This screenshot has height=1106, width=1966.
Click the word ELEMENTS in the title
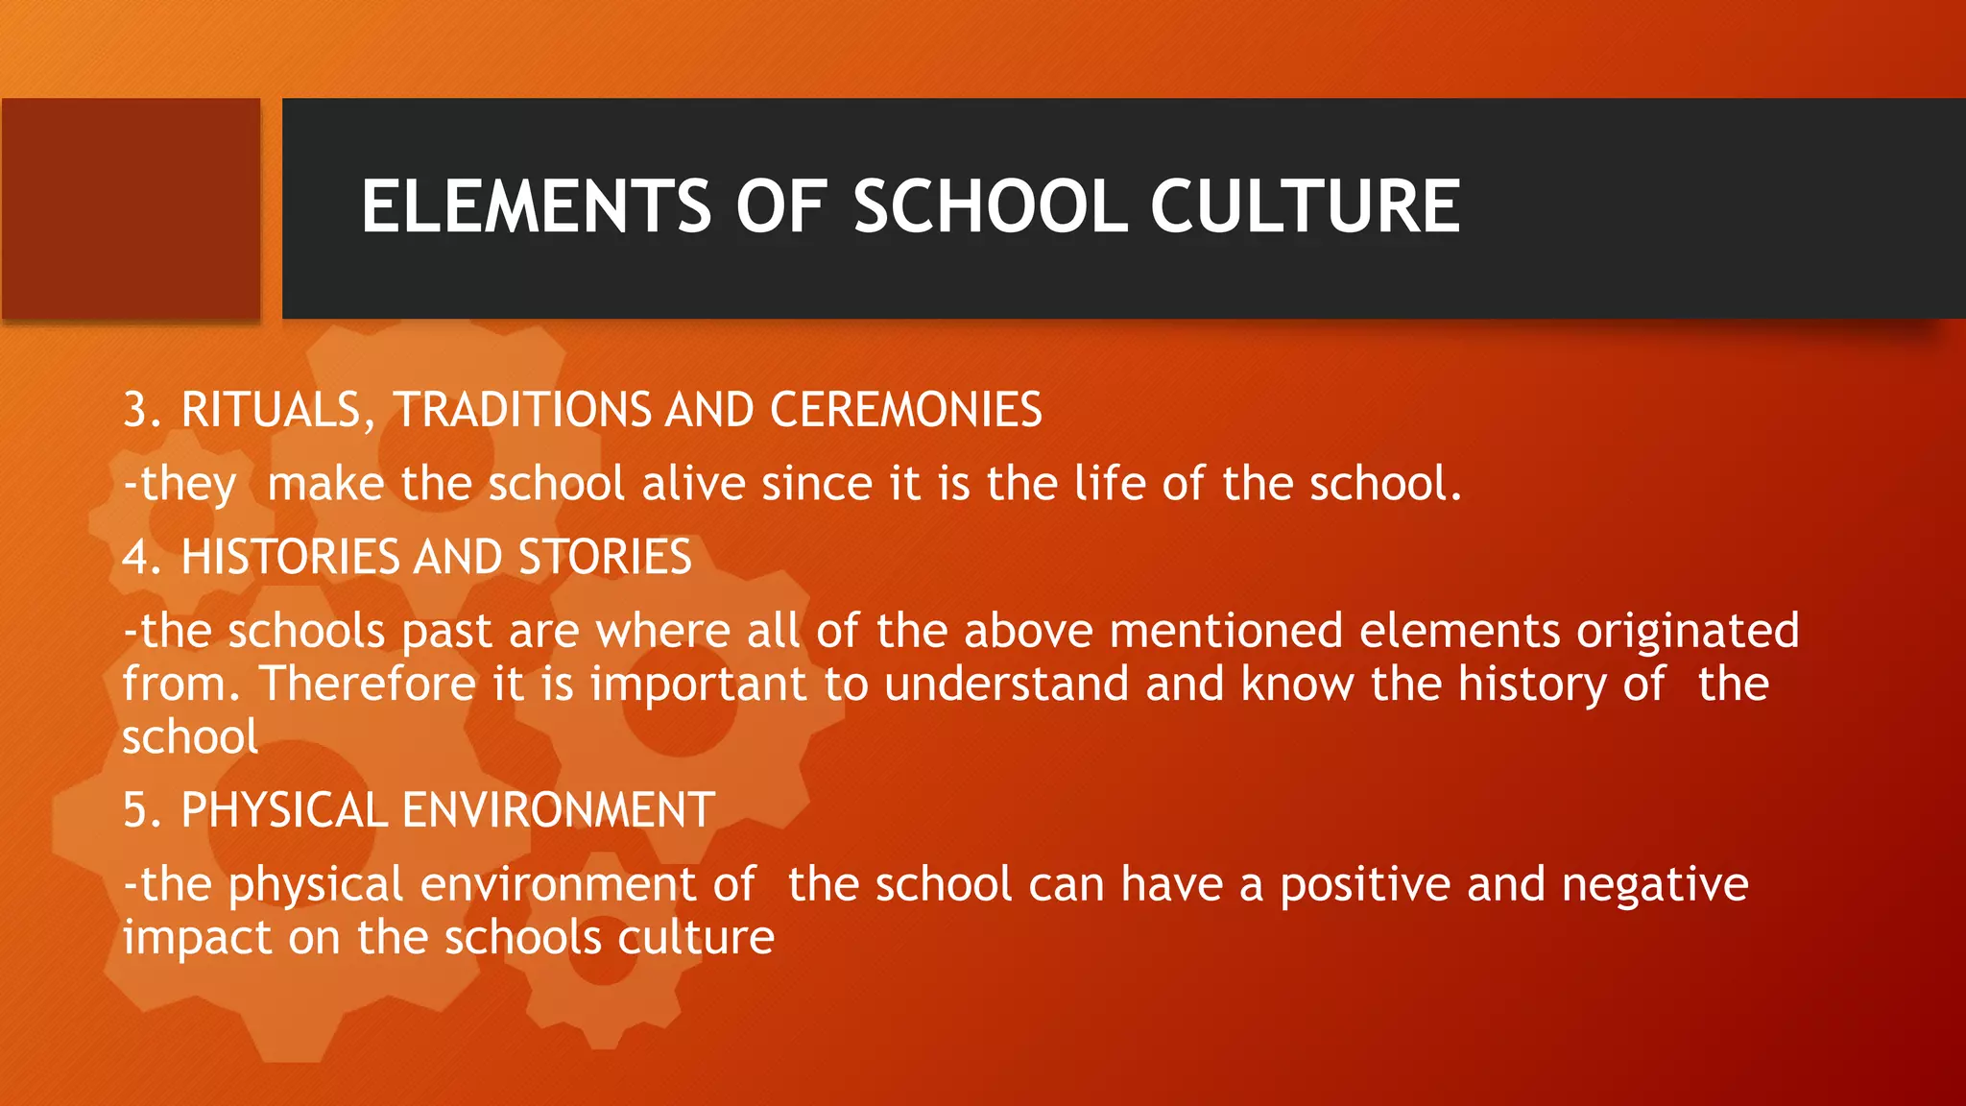[x=536, y=206]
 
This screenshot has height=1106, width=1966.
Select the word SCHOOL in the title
[x=990, y=206]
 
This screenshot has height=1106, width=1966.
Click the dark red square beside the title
[x=132, y=208]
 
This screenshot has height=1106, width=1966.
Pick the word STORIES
[x=605, y=557]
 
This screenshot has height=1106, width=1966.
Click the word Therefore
[x=368, y=685]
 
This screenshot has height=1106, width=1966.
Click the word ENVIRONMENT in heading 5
[x=558, y=810]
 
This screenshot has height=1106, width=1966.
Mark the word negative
[x=1655, y=884]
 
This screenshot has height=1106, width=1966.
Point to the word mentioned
[x=1226, y=632]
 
